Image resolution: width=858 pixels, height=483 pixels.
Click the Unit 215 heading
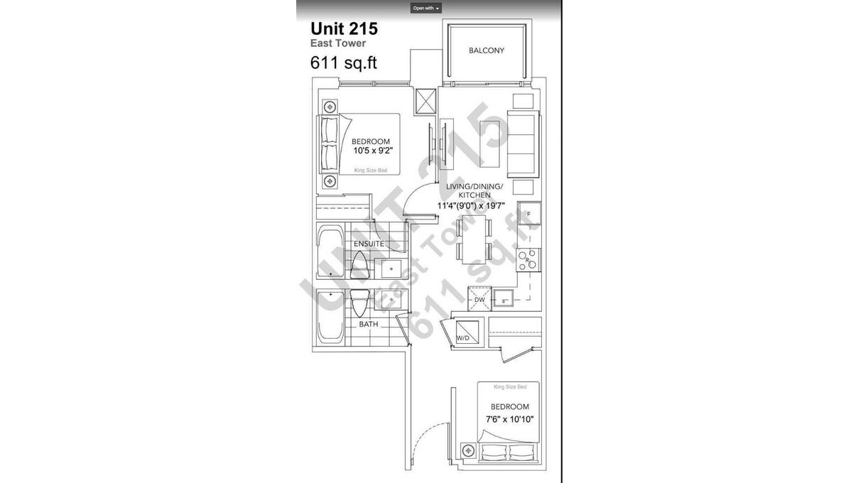[344, 29]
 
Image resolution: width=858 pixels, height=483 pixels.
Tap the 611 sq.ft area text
[343, 63]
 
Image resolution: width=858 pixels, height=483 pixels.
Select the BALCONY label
[487, 50]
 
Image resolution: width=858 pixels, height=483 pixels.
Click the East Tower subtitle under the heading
[337, 44]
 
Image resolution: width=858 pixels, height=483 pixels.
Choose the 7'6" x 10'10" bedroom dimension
[509, 418]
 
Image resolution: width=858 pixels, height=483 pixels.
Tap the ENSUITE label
[369, 244]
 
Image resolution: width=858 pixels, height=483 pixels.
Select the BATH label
[368, 324]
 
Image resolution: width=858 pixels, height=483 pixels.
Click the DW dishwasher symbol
[479, 299]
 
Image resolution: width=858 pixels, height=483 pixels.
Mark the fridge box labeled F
[529, 213]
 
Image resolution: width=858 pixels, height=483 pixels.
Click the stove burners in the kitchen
[528, 261]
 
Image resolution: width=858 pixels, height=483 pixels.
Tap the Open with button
[426, 8]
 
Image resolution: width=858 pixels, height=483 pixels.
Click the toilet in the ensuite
[359, 265]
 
